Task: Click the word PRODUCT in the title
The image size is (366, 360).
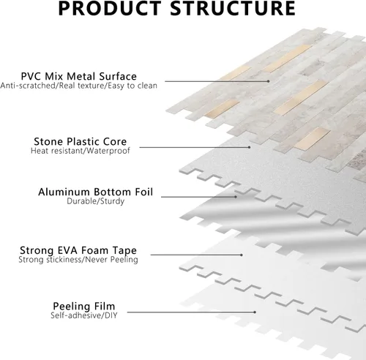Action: tap(110, 8)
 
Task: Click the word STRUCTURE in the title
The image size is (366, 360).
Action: tap(233, 8)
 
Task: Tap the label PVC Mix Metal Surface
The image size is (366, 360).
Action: tap(79, 76)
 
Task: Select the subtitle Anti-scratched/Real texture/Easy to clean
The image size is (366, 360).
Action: tap(79, 86)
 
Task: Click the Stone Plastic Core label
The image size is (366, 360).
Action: tap(81, 141)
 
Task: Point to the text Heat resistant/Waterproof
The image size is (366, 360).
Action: tap(81, 151)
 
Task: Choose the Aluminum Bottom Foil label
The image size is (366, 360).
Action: tap(96, 192)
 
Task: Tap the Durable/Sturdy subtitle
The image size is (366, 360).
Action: tap(96, 201)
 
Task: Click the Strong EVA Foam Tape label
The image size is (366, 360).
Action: tap(78, 250)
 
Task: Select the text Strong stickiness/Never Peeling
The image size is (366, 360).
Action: tap(78, 260)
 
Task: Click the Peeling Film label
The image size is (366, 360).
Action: tap(84, 307)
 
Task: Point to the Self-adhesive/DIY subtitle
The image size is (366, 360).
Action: tap(84, 315)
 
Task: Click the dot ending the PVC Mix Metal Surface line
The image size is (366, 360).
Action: tap(269, 81)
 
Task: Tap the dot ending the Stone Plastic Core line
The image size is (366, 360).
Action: tap(249, 147)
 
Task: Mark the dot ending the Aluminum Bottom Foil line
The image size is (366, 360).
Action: tap(236, 197)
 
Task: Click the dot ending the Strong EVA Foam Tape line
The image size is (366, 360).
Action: tap(242, 255)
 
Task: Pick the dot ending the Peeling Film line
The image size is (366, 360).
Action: tap(255, 312)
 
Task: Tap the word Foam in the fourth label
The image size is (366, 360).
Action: tap(94, 250)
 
